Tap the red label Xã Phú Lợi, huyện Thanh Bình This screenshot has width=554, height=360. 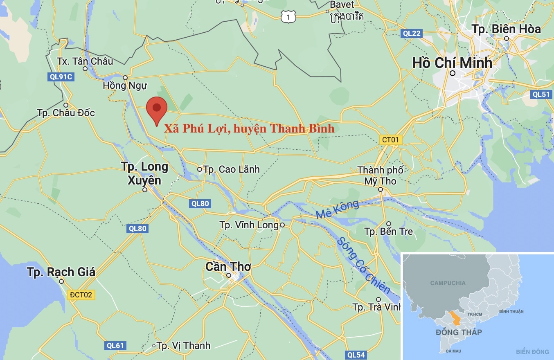click(249, 128)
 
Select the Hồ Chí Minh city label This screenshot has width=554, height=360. click(452, 63)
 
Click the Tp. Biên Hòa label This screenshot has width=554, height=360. click(506, 29)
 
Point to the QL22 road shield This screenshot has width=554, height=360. click(411, 34)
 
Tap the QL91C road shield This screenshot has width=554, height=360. click(60, 76)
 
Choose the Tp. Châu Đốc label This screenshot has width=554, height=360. click(66, 112)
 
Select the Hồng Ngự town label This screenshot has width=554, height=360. click(125, 85)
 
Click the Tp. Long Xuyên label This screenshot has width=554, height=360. click(144, 173)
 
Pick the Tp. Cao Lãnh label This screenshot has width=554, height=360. click(231, 169)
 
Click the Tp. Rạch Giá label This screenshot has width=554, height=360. click(61, 272)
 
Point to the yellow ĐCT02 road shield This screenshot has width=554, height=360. click(81, 295)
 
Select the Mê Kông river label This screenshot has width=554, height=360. click(337, 209)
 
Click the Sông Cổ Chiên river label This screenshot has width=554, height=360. click(363, 265)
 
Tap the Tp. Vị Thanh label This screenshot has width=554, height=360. click(183, 346)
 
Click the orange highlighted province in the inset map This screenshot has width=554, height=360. click(454, 318)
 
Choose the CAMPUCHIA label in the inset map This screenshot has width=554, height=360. click(448, 283)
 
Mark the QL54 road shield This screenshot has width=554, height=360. click(355, 355)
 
